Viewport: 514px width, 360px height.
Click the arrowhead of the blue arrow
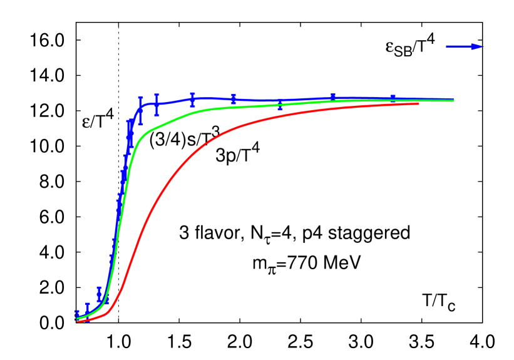(x=477, y=46)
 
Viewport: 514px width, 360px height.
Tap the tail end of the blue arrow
(x=447, y=46)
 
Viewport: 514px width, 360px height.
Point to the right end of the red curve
(x=418, y=103)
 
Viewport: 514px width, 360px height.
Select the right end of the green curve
(x=453, y=100)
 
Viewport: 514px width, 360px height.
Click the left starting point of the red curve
(x=78, y=322)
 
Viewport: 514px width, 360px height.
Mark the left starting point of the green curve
(x=78, y=318)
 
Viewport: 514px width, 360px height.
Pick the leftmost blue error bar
(x=78, y=315)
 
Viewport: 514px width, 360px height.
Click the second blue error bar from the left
(x=87, y=308)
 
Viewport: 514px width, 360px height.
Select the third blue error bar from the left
(x=99, y=293)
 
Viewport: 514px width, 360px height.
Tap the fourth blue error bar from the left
(x=107, y=299)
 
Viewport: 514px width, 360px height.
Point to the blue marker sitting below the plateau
(x=280, y=108)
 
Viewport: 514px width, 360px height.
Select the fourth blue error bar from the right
(x=234, y=99)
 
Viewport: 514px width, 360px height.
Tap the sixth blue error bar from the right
(x=157, y=105)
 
